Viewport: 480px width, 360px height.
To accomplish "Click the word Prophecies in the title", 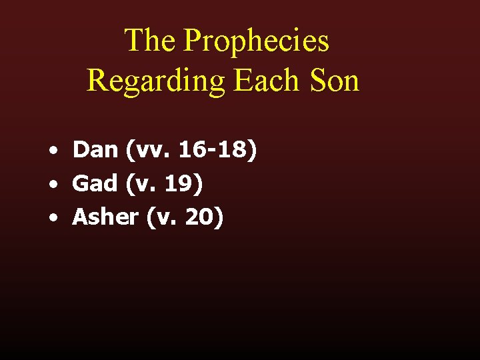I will point(256,41).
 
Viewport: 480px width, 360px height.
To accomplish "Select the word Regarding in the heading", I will point(156,81).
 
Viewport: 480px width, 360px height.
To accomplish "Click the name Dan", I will point(95,150).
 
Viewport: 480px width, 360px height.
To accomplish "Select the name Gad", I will point(95,183).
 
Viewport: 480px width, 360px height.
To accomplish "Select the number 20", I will point(201,217).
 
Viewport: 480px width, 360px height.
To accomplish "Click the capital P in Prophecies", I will point(191,40).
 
